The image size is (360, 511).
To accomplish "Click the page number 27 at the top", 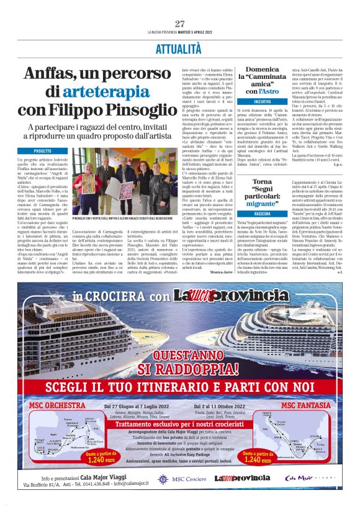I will tap(180, 24).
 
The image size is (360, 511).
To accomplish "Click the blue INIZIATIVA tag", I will tap(262, 101).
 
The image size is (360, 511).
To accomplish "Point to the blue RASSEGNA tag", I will tap(262, 212).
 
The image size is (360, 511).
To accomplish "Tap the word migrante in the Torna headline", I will tap(263, 203).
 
